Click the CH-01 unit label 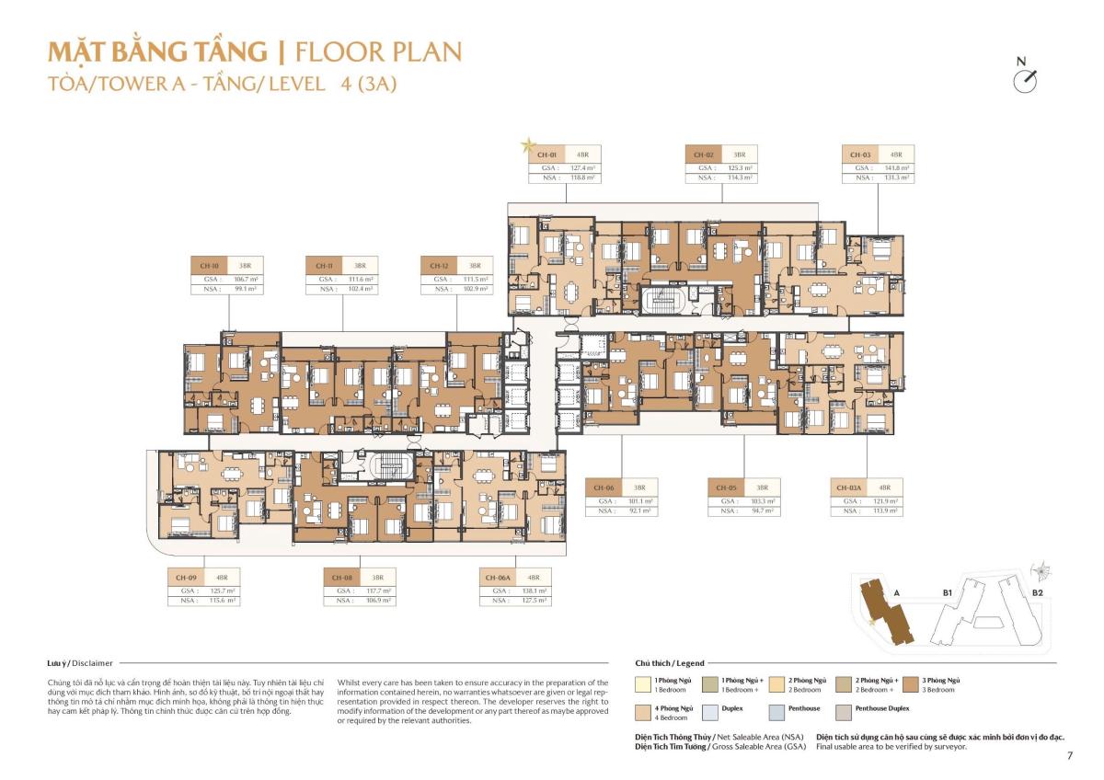click(x=546, y=155)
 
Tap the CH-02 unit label click(x=703, y=155)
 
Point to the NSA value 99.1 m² click(x=246, y=288)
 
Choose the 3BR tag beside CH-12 click(x=475, y=265)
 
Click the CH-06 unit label click(x=604, y=487)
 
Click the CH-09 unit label click(x=185, y=577)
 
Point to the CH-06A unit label click(x=498, y=577)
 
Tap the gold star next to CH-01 click(x=528, y=144)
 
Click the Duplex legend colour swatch click(x=708, y=712)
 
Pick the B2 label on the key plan click(x=1037, y=593)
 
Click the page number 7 click(x=1070, y=756)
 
